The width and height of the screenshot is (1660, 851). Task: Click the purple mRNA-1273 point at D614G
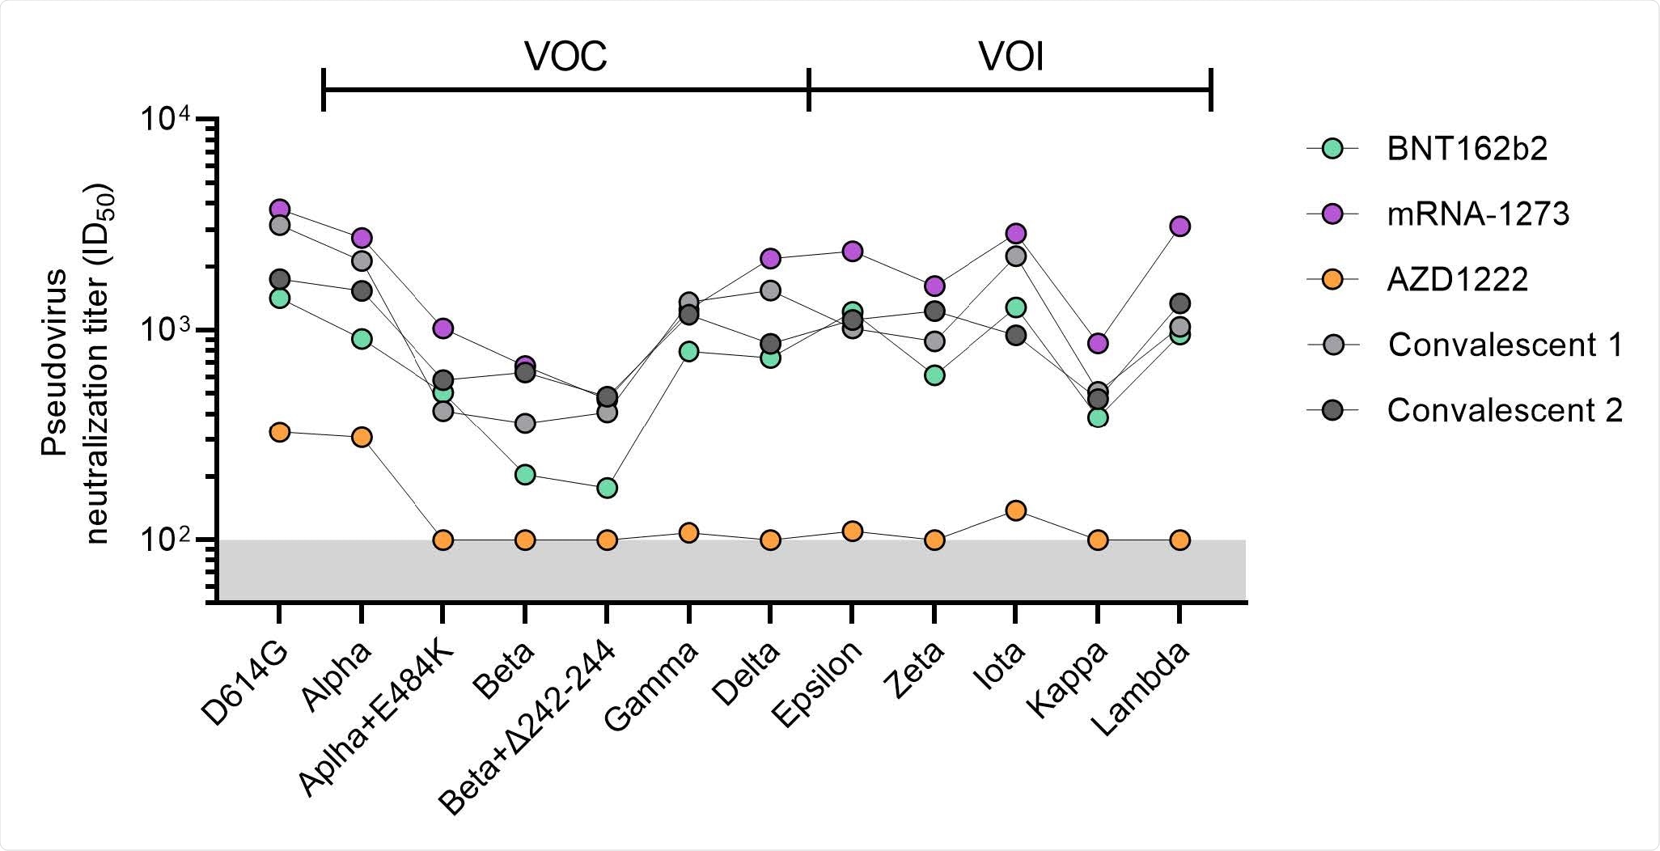coord(280,209)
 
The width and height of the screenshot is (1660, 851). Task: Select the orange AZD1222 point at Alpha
coord(361,437)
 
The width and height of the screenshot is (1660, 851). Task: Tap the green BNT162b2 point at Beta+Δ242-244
coord(607,488)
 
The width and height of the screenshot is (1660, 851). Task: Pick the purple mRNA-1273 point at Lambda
coord(1179,226)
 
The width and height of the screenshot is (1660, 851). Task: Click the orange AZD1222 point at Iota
coord(1016,510)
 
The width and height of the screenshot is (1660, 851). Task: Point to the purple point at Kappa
coord(1098,343)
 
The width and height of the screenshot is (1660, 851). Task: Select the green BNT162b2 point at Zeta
coord(934,375)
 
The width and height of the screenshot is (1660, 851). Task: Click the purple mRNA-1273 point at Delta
coord(770,258)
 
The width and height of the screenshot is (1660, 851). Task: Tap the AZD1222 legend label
coord(1456,279)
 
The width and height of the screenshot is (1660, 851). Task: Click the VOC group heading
coord(565,57)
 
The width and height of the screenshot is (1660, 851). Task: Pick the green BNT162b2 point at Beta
coord(525,474)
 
